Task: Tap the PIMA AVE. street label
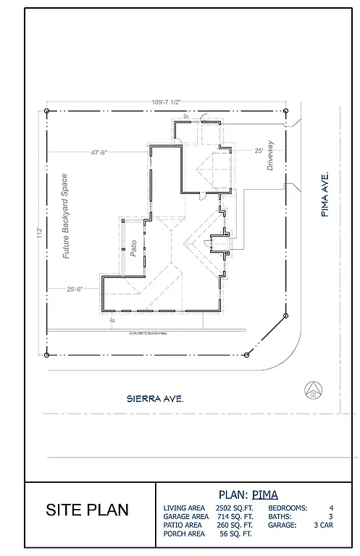coord(326,194)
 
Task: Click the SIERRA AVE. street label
coord(153,398)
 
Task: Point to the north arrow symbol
coord(313,389)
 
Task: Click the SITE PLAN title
coord(88,510)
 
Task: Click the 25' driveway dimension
coord(259,151)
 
